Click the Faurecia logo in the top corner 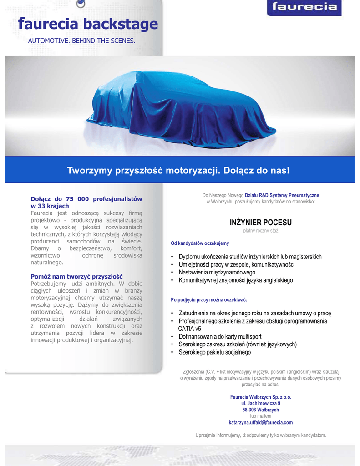coord(304,7)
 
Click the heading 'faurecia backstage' coord(88,24)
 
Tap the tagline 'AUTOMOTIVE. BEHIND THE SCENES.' coord(82,41)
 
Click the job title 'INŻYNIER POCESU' coord(260,223)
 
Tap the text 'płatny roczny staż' coord(260,231)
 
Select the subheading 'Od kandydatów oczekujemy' coord(200,243)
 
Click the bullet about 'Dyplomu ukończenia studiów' coord(250,257)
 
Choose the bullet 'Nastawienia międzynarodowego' coord(217,272)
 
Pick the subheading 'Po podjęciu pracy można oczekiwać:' coord(209,300)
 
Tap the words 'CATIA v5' coord(189,329)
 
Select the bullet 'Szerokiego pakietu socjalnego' coord(214,352)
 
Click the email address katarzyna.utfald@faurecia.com coord(260,422)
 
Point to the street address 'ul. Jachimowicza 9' coord(260,403)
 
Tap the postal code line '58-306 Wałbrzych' coord(260,410)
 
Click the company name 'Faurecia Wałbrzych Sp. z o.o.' coord(260,397)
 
